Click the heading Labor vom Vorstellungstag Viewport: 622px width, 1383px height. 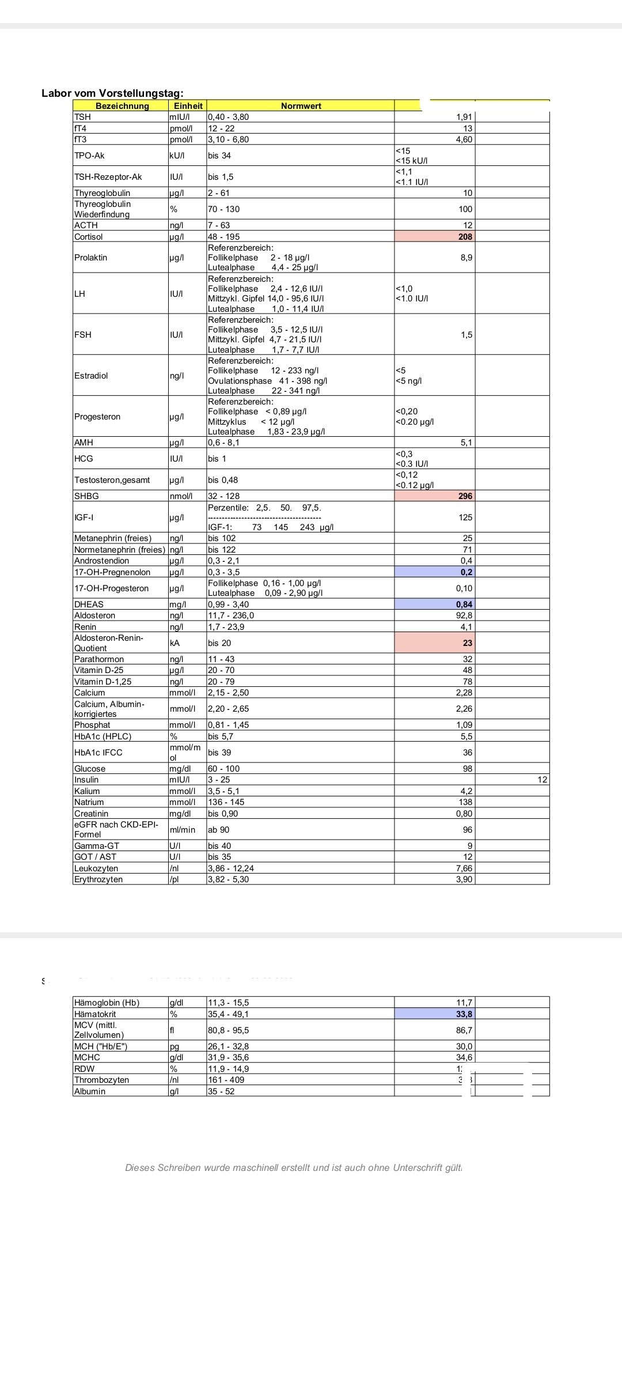click(112, 93)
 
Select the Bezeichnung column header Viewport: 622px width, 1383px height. click(122, 106)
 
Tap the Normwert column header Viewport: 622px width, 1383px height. click(301, 106)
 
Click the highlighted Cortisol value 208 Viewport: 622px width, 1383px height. click(465, 237)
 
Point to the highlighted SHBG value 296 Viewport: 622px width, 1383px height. click(465, 496)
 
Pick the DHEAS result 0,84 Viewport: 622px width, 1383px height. click(464, 604)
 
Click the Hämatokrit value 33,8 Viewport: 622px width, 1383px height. click(464, 1014)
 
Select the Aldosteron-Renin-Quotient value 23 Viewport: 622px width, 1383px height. click(467, 643)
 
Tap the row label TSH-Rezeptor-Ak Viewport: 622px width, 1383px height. click(108, 177)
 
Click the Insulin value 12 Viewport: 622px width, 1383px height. click(542, 780)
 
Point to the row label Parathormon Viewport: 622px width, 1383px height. click(99, 659)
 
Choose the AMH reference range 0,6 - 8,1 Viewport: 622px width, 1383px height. click(223, 443)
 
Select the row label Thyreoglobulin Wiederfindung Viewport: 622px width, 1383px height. click(103, 209)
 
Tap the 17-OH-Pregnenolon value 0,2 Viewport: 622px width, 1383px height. click(466, 572)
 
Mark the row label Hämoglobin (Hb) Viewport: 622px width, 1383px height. click(107, 1003)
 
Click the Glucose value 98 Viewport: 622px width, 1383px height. click(467, 769)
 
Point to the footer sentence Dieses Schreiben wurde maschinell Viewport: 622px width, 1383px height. click(293, 1167)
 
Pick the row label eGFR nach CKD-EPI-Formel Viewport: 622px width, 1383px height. click(116, 829)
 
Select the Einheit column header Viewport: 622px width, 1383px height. click(188, 106)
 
